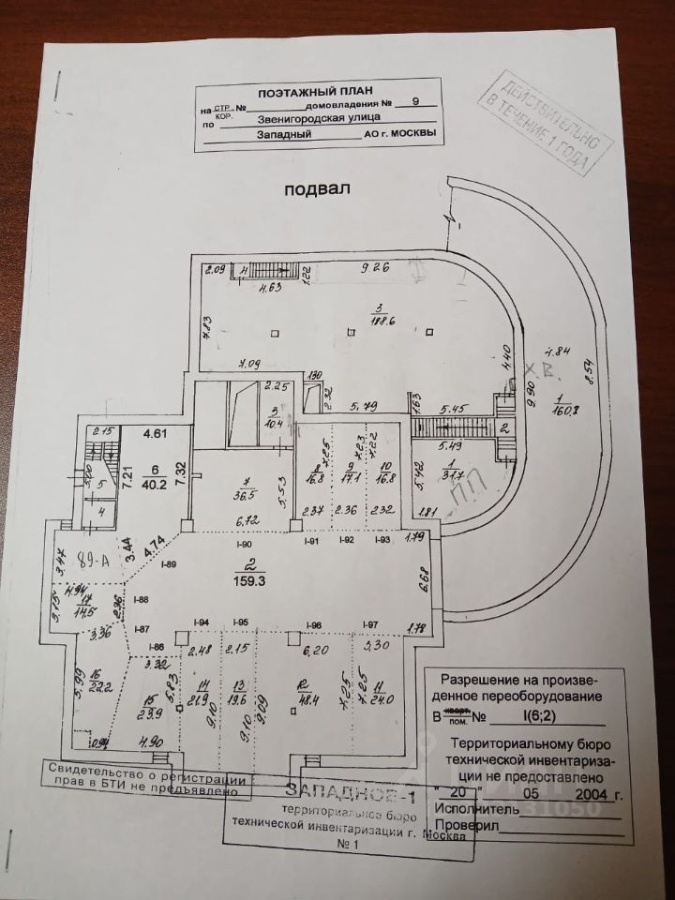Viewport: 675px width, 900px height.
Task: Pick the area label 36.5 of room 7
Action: pyautogui.click(x=242, y=497)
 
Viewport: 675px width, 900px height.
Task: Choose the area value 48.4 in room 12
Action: pyautogui.click(x=304, y=698)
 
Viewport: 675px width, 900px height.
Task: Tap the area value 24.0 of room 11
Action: pyautogui.click(x=381, y=697)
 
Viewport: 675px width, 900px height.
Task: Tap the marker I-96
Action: pyautogui.click(x=314, y=625)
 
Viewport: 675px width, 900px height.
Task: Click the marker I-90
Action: pyautogui.click(x=246, y=544)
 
